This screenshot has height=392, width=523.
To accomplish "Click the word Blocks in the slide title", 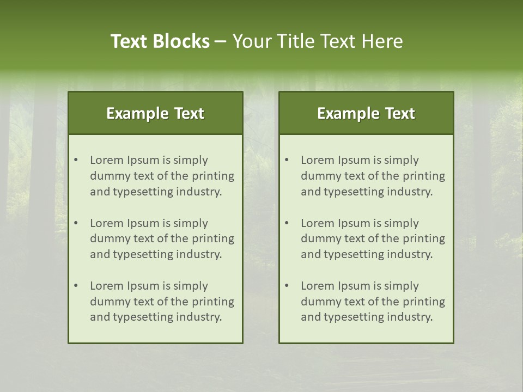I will (181, 41).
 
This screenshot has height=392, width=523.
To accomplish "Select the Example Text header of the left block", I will (155, 113).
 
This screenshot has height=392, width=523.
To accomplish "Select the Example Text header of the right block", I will (366, 113).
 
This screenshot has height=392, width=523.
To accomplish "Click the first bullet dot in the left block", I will (76, 160).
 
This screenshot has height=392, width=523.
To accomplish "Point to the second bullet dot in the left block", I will (76, 223).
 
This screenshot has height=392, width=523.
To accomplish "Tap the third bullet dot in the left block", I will (76, 286).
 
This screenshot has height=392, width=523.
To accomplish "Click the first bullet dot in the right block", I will (287, 160).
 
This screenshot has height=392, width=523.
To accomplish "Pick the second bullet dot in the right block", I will (287, 223).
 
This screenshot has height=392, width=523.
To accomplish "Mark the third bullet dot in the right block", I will (287, 286).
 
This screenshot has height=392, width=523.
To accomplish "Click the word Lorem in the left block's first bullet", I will (107, 160).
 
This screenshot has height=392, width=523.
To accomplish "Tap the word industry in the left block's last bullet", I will (199, 317).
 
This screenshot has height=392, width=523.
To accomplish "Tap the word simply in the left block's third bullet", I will (192, 286).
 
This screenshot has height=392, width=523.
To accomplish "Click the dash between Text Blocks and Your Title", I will (221, 41).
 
